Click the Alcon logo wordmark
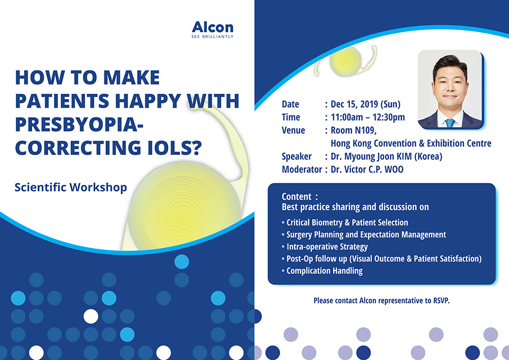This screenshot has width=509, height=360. point(213,27)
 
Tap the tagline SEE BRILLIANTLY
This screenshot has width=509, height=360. point(213,36)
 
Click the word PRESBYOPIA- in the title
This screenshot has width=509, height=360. point(79,124)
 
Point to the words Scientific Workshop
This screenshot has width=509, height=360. point(71,187)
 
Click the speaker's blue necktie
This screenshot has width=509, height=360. point(450,123)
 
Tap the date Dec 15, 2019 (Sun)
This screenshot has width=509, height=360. point(365,104)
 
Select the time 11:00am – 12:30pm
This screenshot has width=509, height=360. point(368,117)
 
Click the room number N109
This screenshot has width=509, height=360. point(365,130)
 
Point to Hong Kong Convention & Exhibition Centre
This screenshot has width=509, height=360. point(411,143)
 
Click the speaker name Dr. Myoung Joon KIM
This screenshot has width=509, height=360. point(371,156)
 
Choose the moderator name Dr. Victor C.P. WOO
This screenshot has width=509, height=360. point(367,169)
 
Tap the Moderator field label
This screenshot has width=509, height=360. point(302,169)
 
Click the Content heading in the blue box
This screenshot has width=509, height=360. point(297,197)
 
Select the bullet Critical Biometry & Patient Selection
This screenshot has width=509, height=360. point(347,222)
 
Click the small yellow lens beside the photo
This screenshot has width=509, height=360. point(346,61)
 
